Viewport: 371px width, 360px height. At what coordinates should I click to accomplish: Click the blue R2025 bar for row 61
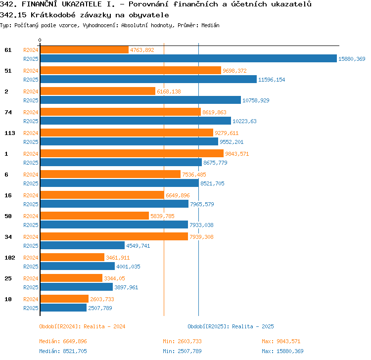188,58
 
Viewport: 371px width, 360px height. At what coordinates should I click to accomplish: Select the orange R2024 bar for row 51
131,70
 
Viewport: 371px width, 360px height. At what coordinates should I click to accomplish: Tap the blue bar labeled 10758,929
140,100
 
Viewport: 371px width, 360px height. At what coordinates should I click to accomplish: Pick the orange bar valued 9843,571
132,153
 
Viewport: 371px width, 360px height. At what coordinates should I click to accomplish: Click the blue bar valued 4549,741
83,245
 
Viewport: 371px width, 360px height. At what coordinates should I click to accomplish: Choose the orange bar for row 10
64,299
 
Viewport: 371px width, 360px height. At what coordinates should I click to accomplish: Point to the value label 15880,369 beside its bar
352,59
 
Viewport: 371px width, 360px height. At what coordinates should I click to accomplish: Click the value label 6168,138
169,91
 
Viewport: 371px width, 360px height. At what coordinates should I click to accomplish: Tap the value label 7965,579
202,204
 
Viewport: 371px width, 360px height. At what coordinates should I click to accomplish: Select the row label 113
10,133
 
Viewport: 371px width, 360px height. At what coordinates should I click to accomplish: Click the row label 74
8,112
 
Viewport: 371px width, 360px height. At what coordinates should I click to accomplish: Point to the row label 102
10,258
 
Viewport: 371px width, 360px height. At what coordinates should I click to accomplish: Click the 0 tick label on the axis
40,40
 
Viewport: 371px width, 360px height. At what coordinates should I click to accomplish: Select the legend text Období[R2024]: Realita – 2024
82,326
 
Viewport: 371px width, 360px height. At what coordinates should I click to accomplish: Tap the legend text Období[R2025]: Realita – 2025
231,326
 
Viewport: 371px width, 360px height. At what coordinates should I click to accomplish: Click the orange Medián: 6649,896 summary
63,341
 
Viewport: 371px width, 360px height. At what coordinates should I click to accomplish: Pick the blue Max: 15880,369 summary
282,351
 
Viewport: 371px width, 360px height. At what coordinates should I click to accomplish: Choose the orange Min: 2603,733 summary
182,341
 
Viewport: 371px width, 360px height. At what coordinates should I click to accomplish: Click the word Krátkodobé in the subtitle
53,15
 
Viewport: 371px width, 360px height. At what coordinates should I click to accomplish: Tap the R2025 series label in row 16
31,204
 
